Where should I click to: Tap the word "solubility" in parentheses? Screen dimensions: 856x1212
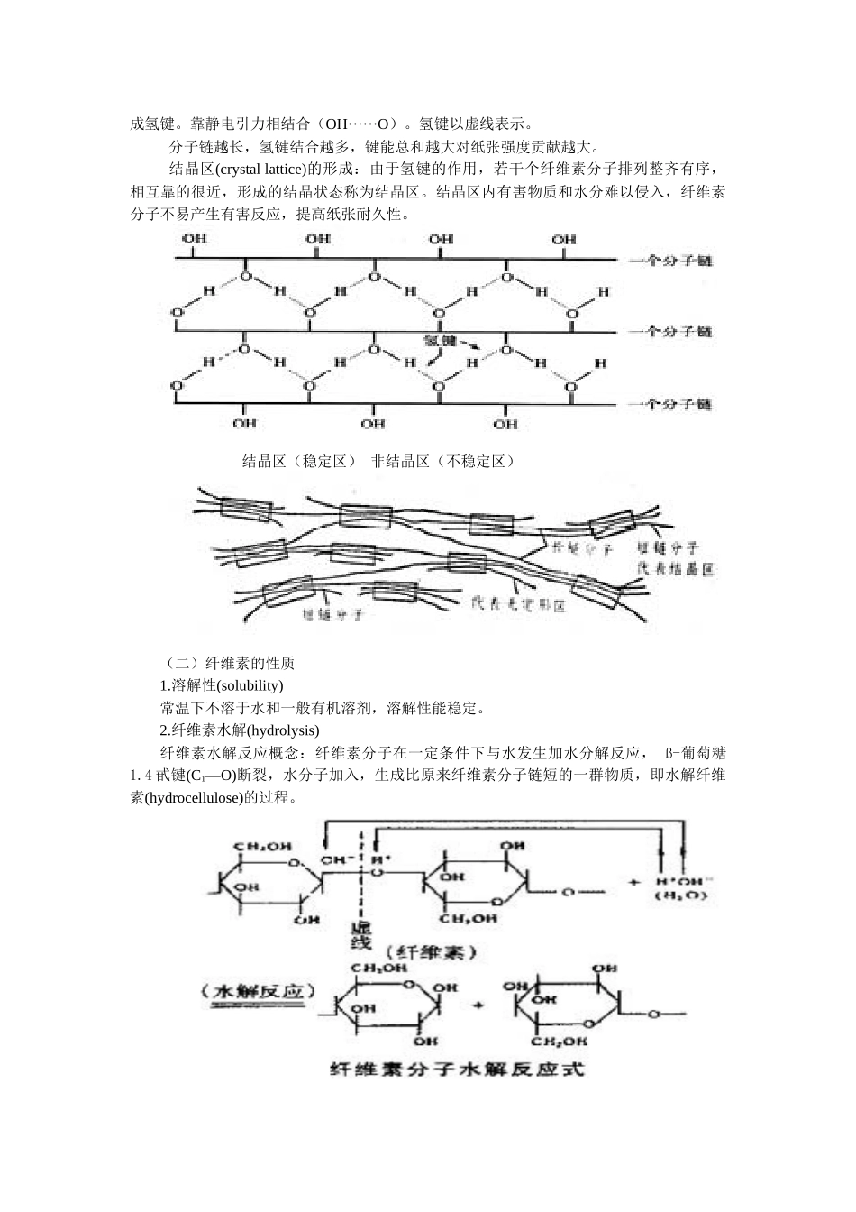coord(250,685)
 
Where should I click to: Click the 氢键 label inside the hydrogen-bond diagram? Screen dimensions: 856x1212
coord(440,341)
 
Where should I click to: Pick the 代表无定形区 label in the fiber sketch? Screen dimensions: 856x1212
coord(519,605)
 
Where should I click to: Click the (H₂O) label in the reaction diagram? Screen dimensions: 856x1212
coord(682,895)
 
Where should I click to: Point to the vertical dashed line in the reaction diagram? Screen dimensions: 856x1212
coord(360,866)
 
